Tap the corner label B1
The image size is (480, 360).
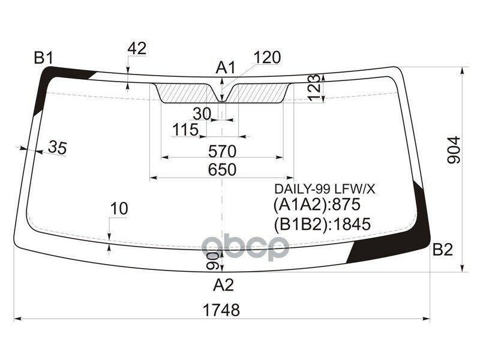tap(44, 58)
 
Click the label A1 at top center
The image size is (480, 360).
tap(226, 68)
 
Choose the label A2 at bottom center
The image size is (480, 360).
tap(223, 284)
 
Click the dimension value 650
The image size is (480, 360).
tap(222, 170)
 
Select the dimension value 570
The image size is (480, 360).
tap(222, 150)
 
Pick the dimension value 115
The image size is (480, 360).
tap(185, 130)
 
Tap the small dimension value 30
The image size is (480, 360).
tap(203, 113)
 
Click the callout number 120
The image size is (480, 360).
tap(267, 58)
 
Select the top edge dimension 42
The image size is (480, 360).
tap(137, 49)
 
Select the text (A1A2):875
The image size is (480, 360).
tap(316, 205)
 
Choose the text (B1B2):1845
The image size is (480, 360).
tap(322, 224)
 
